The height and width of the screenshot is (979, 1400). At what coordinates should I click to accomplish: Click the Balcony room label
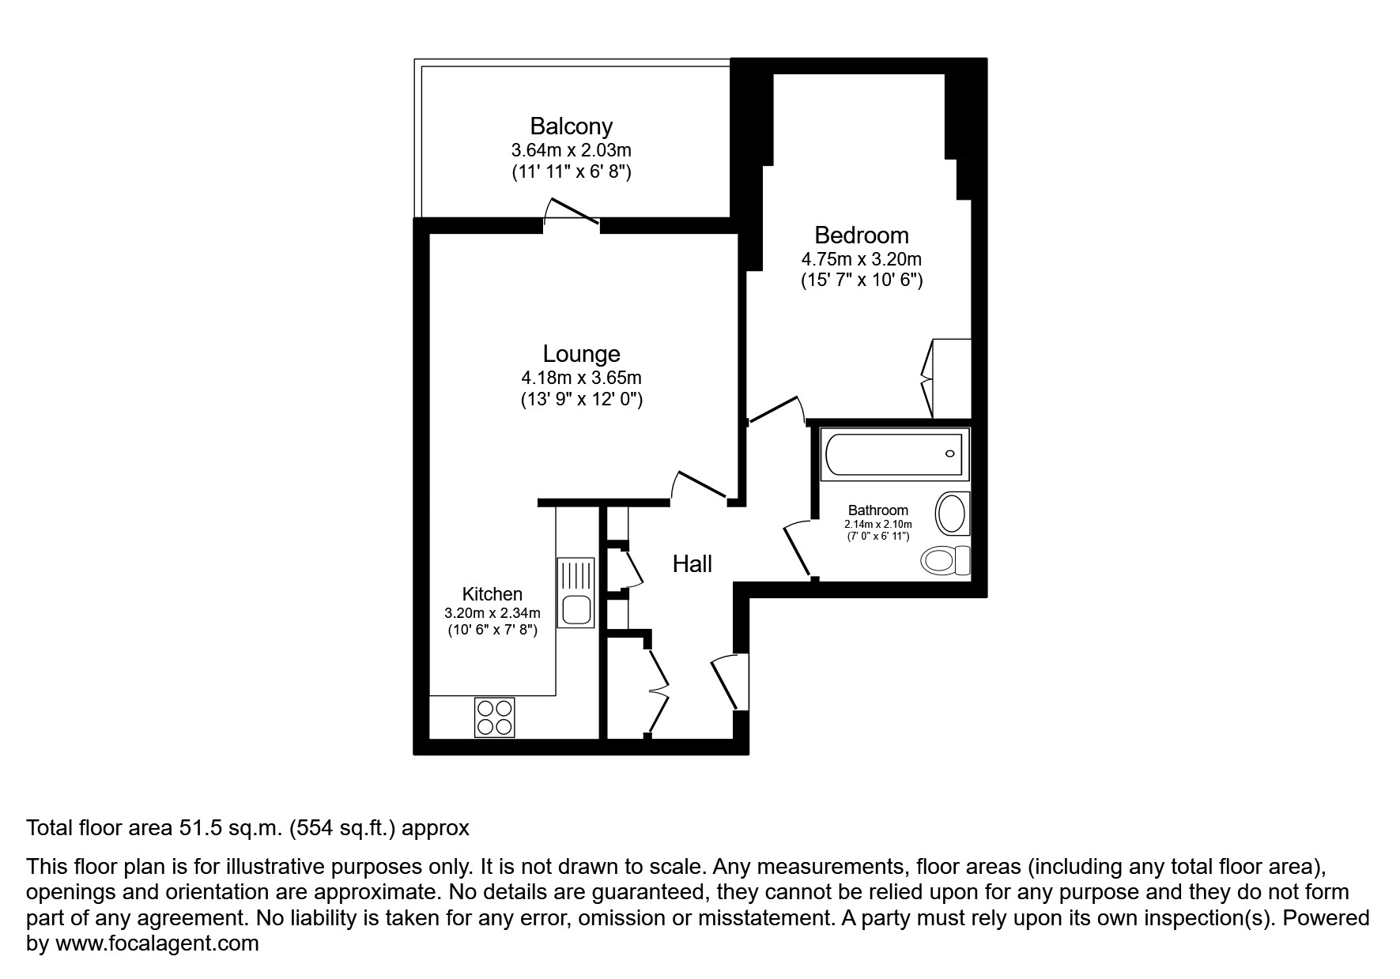[571, 126]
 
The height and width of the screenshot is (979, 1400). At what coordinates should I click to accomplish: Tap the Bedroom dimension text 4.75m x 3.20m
[861, 259]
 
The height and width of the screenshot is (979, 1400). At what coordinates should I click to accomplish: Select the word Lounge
[581, 354]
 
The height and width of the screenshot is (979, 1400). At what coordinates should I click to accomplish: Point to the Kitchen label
[492, 594]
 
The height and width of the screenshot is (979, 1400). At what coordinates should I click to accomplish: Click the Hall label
[692, 564]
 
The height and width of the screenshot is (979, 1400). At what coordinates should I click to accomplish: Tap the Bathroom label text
[877, 510]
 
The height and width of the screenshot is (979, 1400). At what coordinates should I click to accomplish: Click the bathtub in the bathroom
[893, 454]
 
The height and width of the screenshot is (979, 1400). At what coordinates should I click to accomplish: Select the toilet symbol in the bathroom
[944, 561]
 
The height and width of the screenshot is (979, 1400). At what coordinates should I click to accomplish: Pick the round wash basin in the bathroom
[953, 514]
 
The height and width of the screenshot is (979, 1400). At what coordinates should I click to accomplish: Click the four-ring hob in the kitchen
[494, 717]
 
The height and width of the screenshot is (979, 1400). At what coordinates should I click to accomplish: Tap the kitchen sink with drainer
[575, 593]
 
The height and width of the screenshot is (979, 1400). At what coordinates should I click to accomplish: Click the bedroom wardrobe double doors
[928, 379]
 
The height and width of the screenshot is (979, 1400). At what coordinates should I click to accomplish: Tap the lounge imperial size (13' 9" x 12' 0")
[581, 400]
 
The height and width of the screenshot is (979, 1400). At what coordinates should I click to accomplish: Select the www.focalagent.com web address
[157, 943]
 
